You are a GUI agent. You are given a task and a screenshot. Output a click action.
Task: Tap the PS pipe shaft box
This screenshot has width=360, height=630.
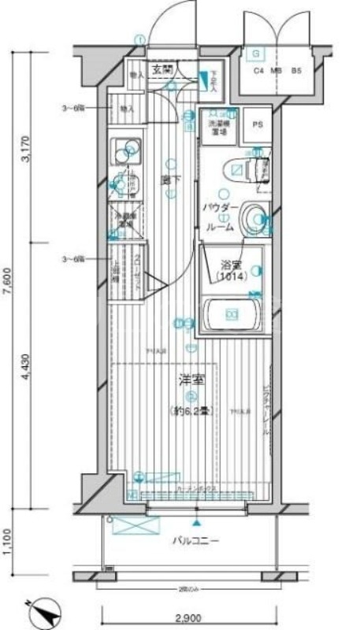(258, 124)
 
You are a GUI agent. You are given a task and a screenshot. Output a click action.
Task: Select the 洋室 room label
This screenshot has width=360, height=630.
(190, 380)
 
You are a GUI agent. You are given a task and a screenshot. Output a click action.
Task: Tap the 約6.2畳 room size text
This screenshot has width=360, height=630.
(190, 411)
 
